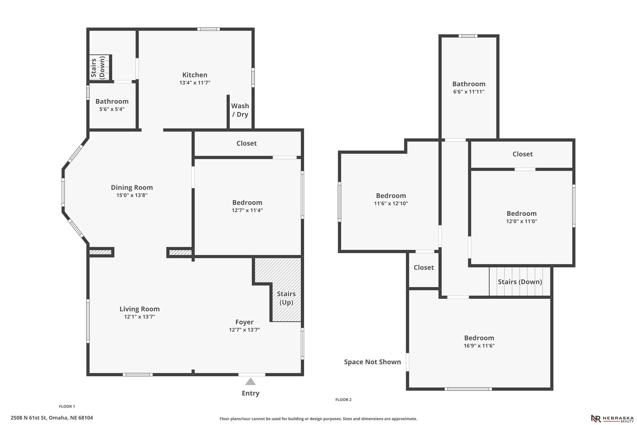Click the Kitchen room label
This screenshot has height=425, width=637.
pos(195,75)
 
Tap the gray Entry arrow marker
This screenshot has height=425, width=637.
pos(251,382)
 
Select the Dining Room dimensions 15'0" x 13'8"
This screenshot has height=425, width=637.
pos(132,195)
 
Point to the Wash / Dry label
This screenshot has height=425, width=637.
pos(240,110)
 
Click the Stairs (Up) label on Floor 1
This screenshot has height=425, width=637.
pos(286,298)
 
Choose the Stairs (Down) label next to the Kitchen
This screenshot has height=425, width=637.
pos(98,68)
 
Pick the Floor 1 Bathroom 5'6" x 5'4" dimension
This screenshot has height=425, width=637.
pos(112,109)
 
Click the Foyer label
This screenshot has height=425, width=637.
pos(244,322)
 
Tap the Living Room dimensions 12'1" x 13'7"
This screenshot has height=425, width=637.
pos(140,317)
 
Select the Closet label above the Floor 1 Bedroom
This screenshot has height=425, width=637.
pos(247,143)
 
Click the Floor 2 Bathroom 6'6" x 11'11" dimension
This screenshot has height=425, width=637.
pos(469,92)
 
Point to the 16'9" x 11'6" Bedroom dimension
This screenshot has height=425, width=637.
pos(479,346)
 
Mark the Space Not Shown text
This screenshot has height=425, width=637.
pos(372,362)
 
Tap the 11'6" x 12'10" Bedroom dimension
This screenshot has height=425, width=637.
pos(391,203)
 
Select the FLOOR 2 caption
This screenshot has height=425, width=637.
pos(343,399)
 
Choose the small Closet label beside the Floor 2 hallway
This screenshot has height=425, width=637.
pos(424,268)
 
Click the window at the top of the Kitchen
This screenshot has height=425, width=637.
pos(208,29)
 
